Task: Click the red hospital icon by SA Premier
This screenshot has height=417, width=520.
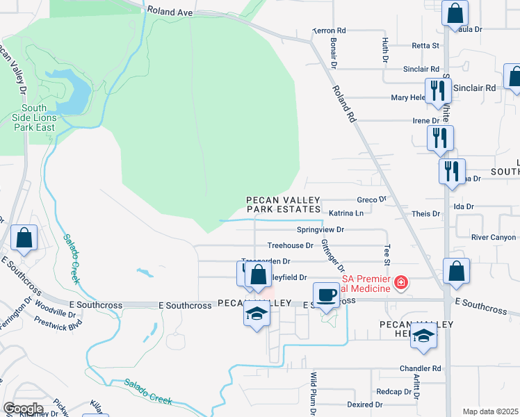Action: [x=400, y=283]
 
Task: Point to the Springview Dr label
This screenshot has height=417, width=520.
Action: [x=320, y=229]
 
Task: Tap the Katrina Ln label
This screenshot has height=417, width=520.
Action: [x=346, y=213]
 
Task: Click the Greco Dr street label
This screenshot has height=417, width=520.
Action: [x=371, y=199]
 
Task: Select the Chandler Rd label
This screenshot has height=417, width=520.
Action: [x=420, y=368]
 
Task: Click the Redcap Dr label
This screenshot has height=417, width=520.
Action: [x=389, y=392]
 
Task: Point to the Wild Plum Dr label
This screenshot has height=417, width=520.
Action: [x=313, y=393]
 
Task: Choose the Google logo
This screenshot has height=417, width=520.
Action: [x=23, y=409]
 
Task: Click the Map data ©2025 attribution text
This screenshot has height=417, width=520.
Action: [x=489, y=411]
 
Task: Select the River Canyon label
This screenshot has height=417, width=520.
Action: [x=494, y=238]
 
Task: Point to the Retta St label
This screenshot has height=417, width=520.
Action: [x=425, y=46]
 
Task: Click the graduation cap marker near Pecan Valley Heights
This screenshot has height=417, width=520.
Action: [x=423, y=336]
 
